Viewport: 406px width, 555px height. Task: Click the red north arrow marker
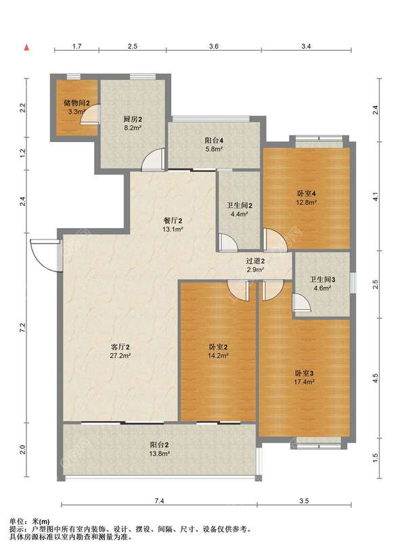pyautogui.click(x=26, y=47)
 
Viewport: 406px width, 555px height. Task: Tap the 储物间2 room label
pyautogui.click(x=77, y=103)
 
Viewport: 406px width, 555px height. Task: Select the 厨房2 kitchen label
pyautogui.click(x=133, y=119)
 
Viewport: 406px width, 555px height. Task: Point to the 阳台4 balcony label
pyautogui.click(x=214, y=141)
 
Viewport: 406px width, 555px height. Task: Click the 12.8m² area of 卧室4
pyautogui.click(x=306, y=202)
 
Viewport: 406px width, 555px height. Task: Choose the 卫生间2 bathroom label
pyautogui.click(x=240, y=206)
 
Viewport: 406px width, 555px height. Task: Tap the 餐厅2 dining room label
pyautogui.click(x=173, y=221)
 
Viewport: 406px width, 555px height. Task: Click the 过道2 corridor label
pyautogui.click(x=256, y=261)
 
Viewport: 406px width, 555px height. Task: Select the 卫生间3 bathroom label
pyautogui.click(x=323, y=280)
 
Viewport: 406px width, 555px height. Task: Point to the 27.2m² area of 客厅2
pyautogui.click(x=120, y=356)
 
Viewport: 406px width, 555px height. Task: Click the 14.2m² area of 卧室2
pyautogui.click(x=218, y=356)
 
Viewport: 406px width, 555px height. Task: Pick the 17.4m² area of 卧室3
pyautogui.click(x=304, y=382)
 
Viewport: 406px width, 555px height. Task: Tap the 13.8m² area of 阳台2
pyautogui.click(x=159, y=453)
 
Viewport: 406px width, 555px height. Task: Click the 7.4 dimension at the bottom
pyautogui.click(x=159, y=501)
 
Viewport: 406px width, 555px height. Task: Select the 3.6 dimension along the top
pyautogui.click(x=214, y=47)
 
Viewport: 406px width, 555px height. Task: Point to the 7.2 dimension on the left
pyautogui.click(x=22, y=328)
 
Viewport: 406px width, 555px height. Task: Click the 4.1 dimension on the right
pyautogui.click(x=376, y=196)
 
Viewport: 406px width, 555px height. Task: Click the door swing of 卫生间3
pyautogui.click(x=301, y=303)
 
